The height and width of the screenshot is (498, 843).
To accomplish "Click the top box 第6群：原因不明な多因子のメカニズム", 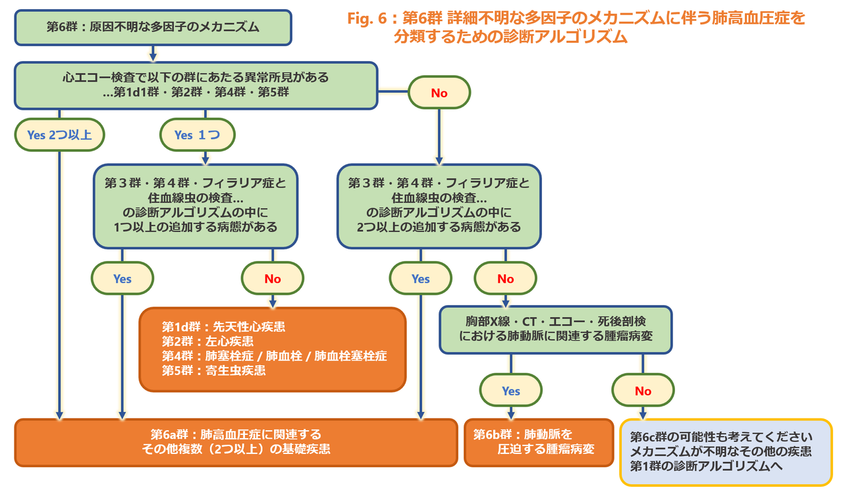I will click(153, 28).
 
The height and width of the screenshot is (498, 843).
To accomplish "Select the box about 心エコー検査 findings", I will click(196, 86).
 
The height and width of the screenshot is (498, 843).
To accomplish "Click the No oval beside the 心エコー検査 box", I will click(439, 93).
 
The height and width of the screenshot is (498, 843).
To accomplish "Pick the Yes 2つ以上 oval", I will click(59, 135).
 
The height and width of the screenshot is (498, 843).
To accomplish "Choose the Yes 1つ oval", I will click(198, 135).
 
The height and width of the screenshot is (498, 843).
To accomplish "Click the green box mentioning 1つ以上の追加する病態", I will click(196, 205).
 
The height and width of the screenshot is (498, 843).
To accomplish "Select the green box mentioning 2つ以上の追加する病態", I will click(439, 205).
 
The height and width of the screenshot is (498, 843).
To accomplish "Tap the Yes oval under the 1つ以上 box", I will click(122, 278).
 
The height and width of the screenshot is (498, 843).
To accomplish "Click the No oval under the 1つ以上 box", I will click(273, 278).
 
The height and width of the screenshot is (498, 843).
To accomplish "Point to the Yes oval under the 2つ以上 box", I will click(420, 278).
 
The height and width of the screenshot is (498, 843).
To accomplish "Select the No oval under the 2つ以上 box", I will click(506, 278).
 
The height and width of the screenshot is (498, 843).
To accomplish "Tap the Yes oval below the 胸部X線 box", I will click(511, 391).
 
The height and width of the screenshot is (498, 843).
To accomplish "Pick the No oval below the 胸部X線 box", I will click(643, 391).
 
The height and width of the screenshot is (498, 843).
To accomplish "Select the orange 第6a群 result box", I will click(236, 442).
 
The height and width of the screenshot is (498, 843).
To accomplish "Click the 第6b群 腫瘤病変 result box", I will click(539, 442).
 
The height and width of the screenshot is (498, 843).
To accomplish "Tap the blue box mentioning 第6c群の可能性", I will click(726, 453).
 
